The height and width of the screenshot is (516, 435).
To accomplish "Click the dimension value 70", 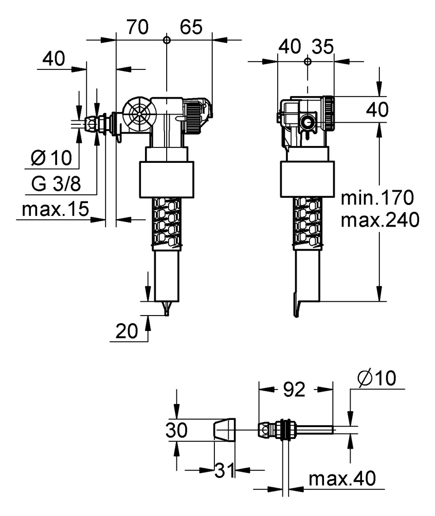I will (137, 27).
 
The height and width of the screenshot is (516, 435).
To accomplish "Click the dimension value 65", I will (191, 27).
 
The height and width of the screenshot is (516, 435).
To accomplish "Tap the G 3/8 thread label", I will (56, 184).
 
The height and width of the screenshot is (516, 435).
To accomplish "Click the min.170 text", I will (377, 197).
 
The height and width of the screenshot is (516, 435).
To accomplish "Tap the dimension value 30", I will (177, 430).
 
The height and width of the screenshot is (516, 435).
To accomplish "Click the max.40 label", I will (342, 478).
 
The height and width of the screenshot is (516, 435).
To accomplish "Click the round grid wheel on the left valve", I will (140, 115).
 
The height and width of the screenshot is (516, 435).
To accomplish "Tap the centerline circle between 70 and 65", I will (166, 40).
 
